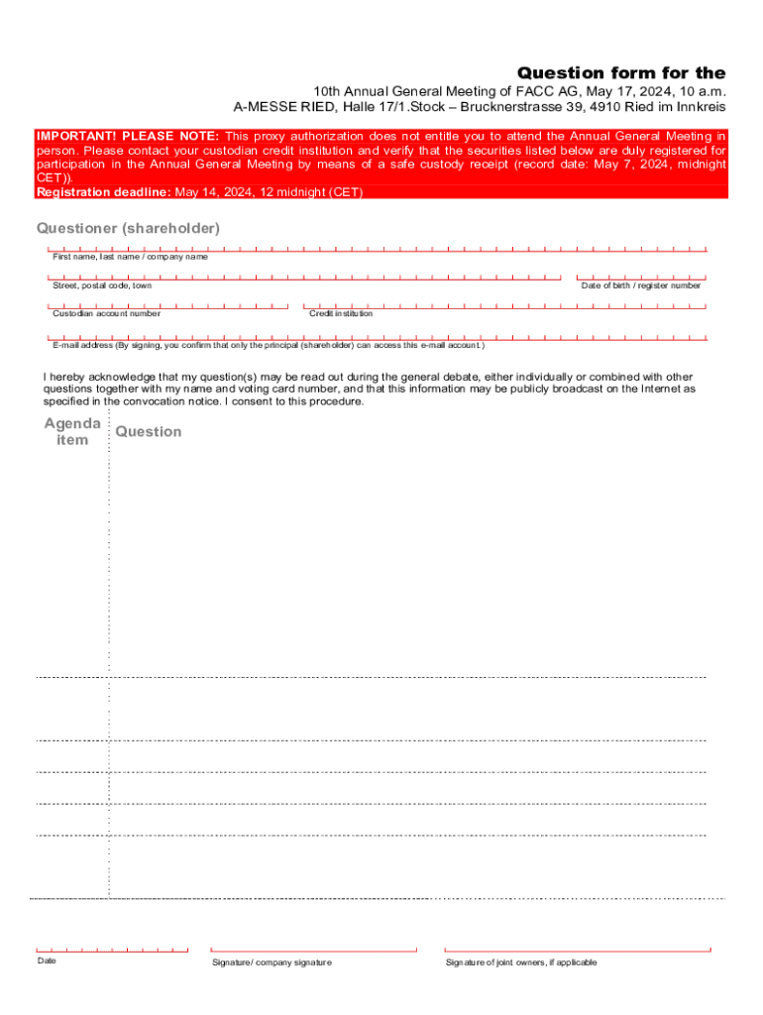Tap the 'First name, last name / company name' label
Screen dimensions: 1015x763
tap(130, 257)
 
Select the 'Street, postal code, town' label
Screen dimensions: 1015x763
tap(102, 285)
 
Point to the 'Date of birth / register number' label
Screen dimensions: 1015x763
tap(640, 285)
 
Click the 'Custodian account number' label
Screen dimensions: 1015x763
tap(106, 313)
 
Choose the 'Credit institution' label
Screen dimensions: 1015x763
tap(341, 313)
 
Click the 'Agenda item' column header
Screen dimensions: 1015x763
tap(71, 431)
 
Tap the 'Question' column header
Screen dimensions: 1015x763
tap(149, 431)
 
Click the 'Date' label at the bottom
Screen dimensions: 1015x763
tap(47, 960)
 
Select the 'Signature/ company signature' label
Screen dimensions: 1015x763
tap(272, 962)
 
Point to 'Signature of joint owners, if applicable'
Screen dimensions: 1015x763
tap(521, 962)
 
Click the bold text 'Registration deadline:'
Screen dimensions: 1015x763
tap(104, 192)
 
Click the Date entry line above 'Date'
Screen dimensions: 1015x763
tap(112, 950)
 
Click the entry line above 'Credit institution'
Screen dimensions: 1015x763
tap(504, 306)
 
